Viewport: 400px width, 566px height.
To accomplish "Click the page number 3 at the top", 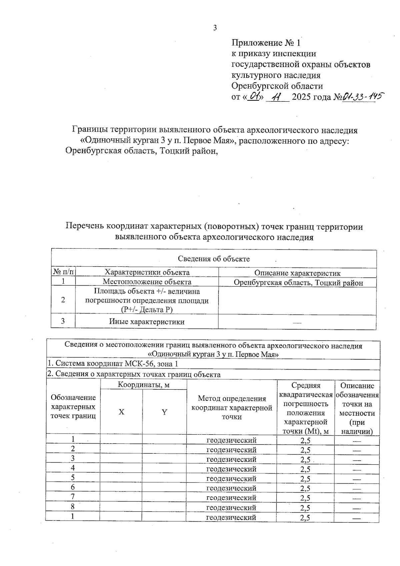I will (x=215, y=28).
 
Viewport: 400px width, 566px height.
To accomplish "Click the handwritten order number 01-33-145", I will (x=362, y=97).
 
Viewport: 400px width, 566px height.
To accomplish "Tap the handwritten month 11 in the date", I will (x=276, y=97).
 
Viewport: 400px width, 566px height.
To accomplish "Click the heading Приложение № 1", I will (x=266, y=43).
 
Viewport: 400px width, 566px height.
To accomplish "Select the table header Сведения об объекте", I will (x=214, y=259).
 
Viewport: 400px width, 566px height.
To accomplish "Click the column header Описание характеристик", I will (x=297, y=273).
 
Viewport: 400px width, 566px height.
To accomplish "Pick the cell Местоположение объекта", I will (x=147, y=282).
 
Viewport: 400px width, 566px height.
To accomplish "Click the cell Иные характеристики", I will (x=147, y=322).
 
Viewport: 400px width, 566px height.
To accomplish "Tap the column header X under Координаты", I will (x=122, y=412).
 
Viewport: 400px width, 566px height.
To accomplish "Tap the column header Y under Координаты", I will (x=164, y=412).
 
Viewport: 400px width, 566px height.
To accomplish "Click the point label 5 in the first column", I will (x=73, y=478).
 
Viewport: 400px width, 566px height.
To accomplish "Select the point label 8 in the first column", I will (x=73, y=507).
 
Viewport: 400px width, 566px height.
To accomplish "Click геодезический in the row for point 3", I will (x=231, y=459).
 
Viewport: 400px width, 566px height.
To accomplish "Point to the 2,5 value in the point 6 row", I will (x=305, y=488).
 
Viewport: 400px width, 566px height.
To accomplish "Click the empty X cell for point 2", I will (x=121, y=449).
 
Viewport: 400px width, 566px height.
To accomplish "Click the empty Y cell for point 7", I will (x=164, y=497).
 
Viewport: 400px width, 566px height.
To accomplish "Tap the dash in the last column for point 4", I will (x=357, y=469).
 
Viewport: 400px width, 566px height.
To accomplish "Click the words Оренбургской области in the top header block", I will (x=277, y=86).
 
